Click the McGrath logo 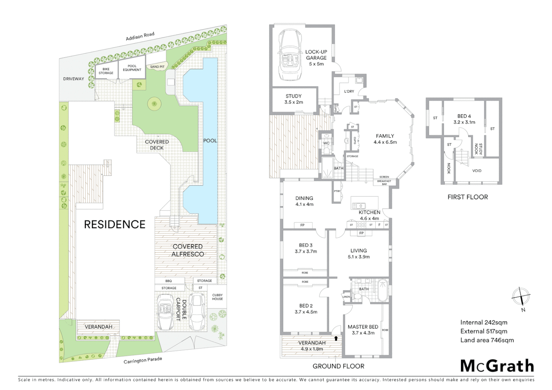pos(497,366)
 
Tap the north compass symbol pos(521,298)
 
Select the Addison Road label pos(140,36)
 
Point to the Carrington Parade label pos(143,360)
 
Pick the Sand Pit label pos(157,67)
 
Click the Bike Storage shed pos(106,71)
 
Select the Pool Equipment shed pos(132,68)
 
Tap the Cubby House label pos(217,297)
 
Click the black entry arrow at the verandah pos(336,338)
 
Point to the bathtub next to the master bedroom pos(382,290)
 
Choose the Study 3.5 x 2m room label pos(294,99)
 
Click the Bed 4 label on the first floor pos(464,119)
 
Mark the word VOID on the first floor pos(476,171)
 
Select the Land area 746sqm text pos(487,340)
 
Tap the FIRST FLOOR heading pos(467,197)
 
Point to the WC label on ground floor pos(326,143)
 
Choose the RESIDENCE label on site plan pos(115,224)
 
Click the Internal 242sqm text pos(483,322)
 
